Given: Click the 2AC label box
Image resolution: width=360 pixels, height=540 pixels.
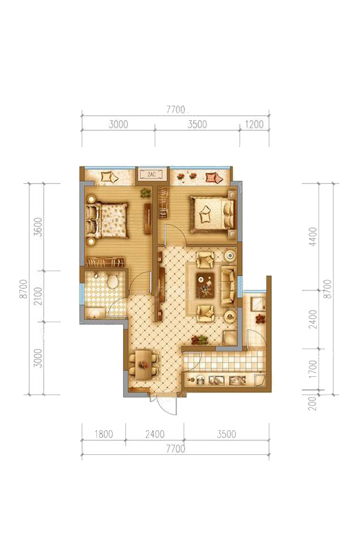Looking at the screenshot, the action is click(151, 174).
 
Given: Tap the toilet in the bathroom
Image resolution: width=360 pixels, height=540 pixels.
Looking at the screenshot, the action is click(112, 280).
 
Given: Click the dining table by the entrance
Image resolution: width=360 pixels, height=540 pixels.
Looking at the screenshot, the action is click(143, 364).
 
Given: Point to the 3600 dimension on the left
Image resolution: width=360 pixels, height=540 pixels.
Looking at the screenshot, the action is click(38, 226).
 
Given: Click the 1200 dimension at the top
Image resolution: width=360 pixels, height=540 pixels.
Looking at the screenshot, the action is click(254, 124).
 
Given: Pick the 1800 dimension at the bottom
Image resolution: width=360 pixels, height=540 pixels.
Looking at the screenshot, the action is click(103, 434).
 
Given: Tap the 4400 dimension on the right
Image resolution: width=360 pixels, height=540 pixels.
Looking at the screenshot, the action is click(313, 236).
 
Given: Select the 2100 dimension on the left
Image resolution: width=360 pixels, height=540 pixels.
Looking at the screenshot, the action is click(38, 296).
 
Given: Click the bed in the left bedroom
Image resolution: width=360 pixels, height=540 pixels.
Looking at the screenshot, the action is click(107, 220).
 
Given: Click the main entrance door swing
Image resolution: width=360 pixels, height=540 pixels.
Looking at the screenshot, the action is click(167, 406).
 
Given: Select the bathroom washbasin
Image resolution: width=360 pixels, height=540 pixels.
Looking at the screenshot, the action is click(95, 313).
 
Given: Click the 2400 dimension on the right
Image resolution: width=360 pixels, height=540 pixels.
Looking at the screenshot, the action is click(313, 319).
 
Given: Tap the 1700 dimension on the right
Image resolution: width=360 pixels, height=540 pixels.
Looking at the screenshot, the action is click(313, 369).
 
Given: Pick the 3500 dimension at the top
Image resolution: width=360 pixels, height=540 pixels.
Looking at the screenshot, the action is click(197, 124).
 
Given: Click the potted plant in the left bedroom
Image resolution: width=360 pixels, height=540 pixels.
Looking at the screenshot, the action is click(146, 193).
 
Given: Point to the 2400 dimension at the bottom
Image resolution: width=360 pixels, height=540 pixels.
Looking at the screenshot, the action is click(155, 434).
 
